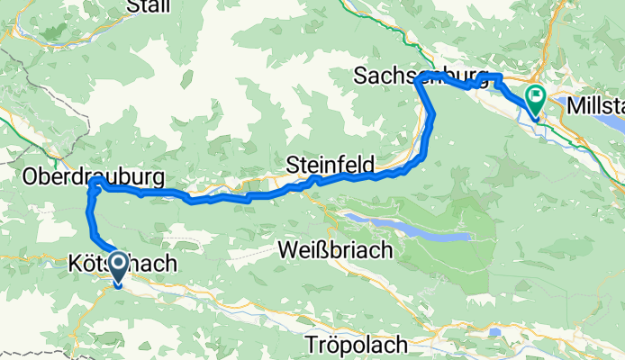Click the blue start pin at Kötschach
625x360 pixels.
coord(117,267)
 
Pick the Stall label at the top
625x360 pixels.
coord(149,6)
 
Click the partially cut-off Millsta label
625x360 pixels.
coord(595,106)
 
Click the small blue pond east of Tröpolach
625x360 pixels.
coord(494,332)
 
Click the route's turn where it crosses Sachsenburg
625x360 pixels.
coord(421,82)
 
